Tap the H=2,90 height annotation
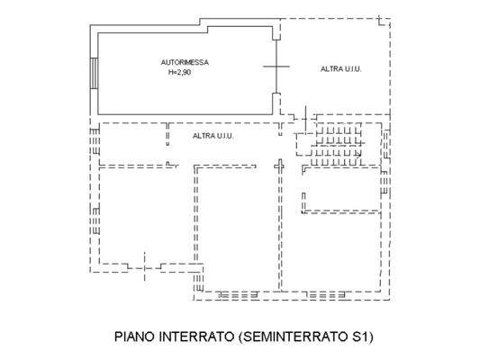(x=179, y=72)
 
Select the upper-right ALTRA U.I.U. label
(x=341, y=69)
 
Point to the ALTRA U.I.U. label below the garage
(x=213, y=136)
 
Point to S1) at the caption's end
(x=360, y=338)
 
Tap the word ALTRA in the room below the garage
(x=203, y=136)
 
